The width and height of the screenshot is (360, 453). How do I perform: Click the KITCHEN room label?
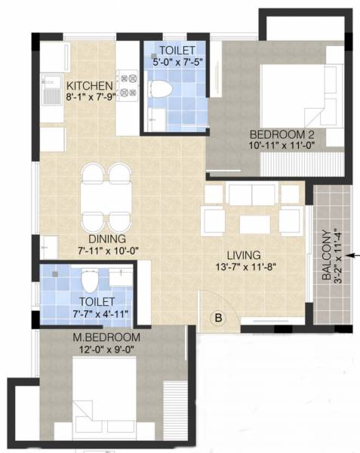(89, 85)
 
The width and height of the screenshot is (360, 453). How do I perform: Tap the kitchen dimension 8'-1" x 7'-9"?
(89, 97)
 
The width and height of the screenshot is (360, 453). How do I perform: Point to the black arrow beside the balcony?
(353, 257)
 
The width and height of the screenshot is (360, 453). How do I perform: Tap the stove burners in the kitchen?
(127, 85)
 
